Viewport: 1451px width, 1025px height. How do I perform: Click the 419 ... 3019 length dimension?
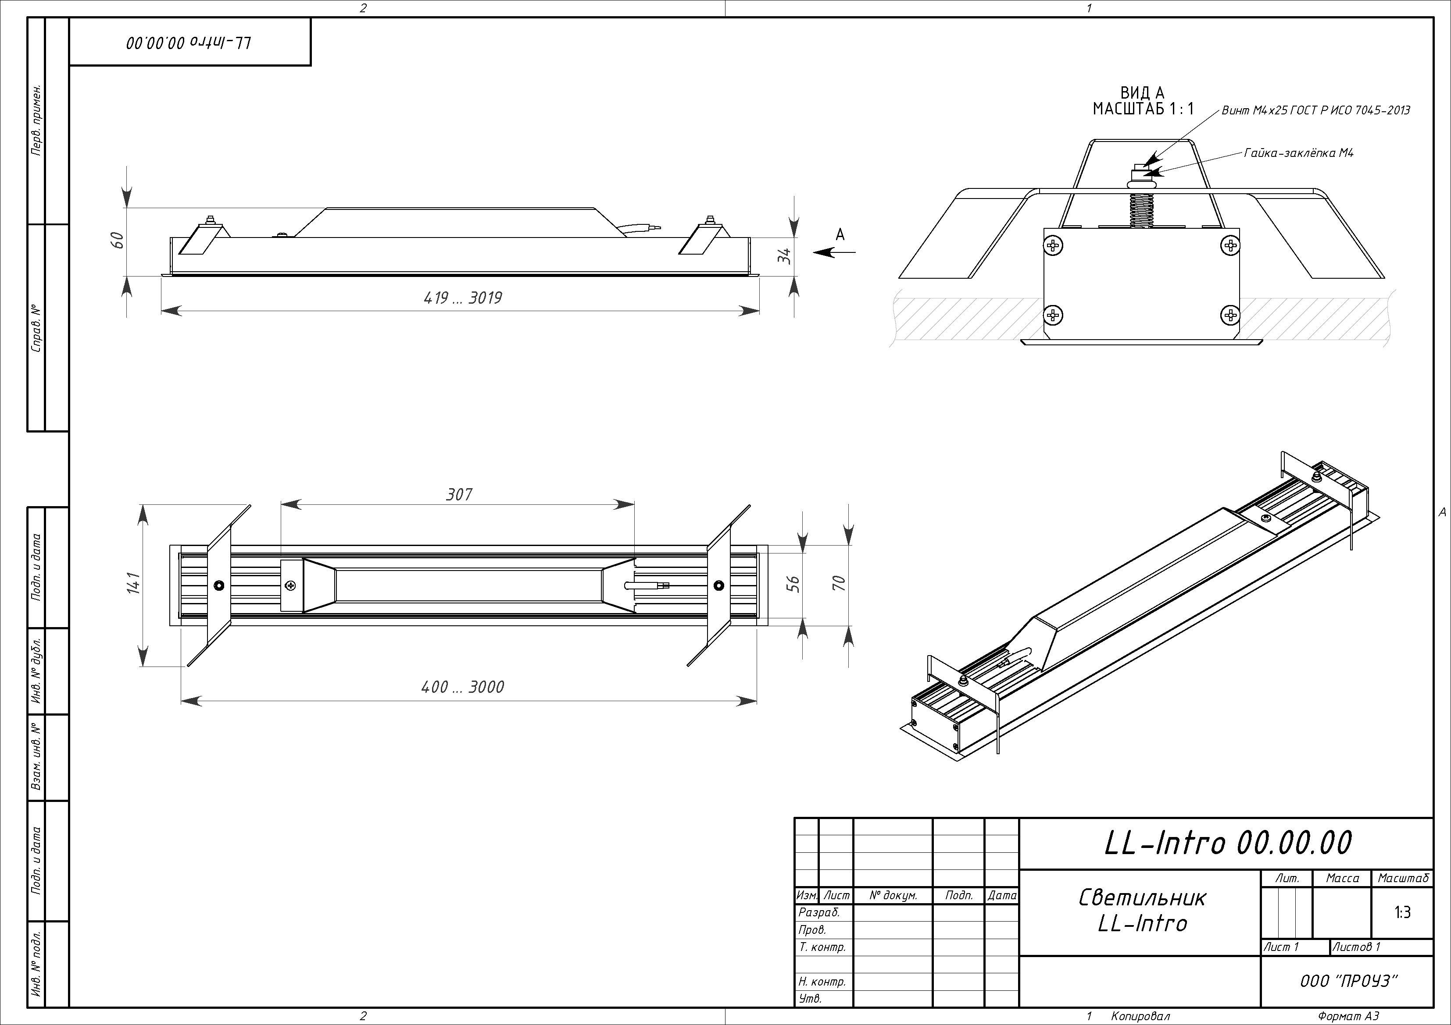463,298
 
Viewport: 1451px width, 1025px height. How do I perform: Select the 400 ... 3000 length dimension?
463,687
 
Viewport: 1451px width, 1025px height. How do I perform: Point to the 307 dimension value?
459,494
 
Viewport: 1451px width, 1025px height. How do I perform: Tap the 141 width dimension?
133,584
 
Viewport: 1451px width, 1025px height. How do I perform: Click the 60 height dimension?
118,240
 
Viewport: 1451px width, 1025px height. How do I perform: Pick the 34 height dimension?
784,256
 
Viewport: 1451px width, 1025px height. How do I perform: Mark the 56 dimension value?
795,584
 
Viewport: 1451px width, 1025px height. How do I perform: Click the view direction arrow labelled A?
834,252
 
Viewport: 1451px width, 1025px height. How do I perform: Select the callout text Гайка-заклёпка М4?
1299,153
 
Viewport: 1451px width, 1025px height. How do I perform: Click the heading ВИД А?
1143,93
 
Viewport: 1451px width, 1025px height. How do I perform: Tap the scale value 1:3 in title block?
1402,912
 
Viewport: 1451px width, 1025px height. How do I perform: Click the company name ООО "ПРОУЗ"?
1348,981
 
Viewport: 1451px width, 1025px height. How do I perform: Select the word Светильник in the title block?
1143,897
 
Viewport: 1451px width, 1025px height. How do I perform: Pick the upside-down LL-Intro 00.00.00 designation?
189,43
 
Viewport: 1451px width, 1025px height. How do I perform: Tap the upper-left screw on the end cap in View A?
1054,245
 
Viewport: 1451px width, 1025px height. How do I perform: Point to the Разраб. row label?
819,912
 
